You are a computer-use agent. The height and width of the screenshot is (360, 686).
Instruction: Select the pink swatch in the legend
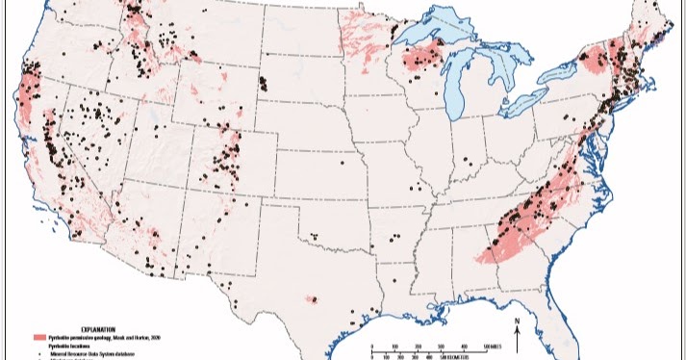39,338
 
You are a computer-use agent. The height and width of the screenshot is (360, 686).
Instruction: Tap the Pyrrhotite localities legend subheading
72,345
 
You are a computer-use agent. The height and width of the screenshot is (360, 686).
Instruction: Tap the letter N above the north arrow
518,321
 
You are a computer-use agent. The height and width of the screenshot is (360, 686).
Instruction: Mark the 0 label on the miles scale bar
371,345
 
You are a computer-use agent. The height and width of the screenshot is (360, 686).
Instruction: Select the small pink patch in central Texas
312,300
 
